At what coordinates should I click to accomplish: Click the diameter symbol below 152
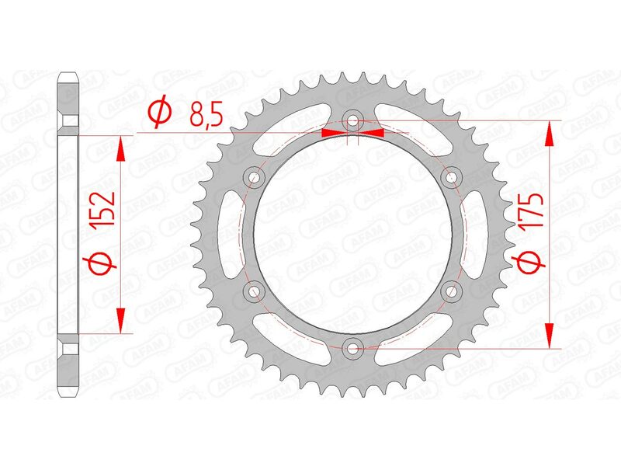[104, 265]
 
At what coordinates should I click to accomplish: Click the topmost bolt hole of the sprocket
[353, 121]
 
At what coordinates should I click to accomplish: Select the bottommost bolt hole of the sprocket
[353, 348]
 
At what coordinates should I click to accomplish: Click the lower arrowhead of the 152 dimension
[120, 320]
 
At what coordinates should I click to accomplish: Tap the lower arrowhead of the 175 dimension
[550, 335]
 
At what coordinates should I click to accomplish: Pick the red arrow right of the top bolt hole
[373, 133]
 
